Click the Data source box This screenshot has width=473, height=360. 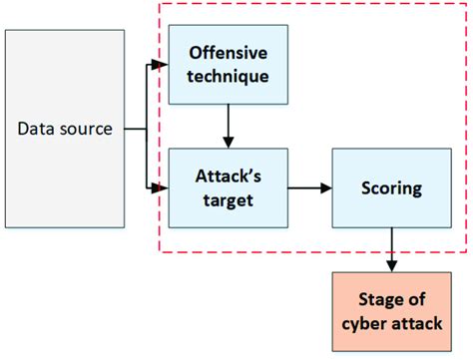pos(65,129)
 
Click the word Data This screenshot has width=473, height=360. pos(38,129)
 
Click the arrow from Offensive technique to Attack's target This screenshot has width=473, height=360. pos(229,126)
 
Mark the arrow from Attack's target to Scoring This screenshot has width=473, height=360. pos(309,186)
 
